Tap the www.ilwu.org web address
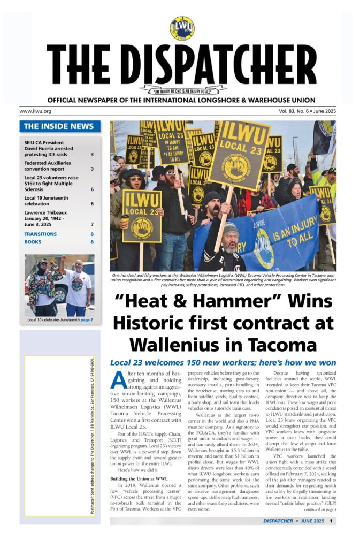pyautogui.click(x=35, y=111)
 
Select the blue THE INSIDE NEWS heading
pyautogui.click(x=59, y=126)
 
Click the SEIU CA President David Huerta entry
pyautogui.click(x=48, y=148)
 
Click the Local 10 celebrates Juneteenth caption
pyautogui.click(x=60, y=320)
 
